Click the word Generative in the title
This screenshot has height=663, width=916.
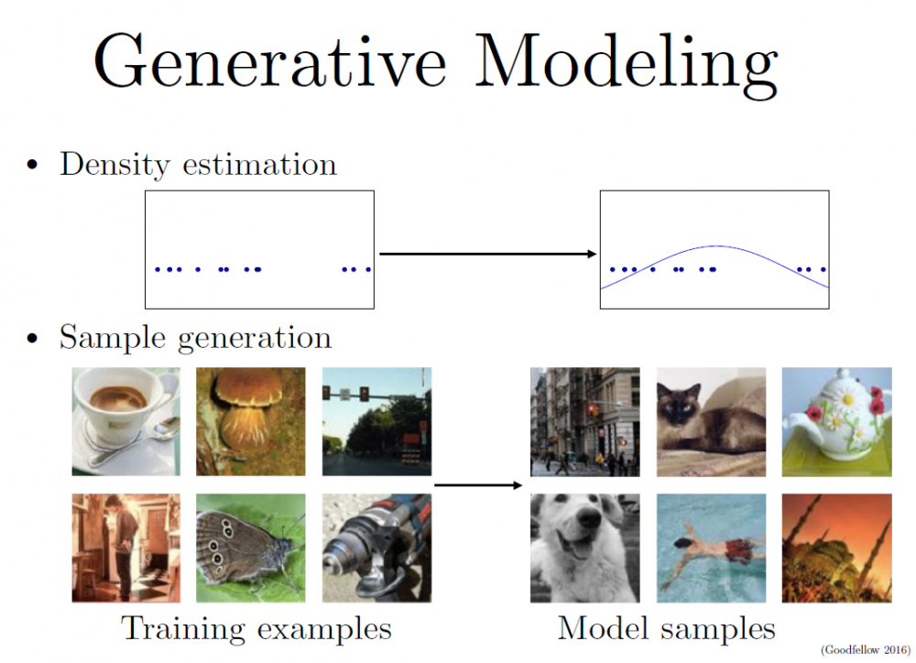click(x=270, y=61)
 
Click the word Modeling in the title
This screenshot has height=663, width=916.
click(x=627, y=65)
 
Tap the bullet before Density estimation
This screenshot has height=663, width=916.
click(x=32, y=165)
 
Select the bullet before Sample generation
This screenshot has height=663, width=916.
click(x=32, y=338)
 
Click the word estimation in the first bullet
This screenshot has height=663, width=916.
click(x=260, y=165)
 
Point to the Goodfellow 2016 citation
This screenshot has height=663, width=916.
click(x=866, y=649)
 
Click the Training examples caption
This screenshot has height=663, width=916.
click(x=256, y=630)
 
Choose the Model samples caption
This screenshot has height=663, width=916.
click(x=667, y=630)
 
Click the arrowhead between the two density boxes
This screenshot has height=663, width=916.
click(x=592, y=254)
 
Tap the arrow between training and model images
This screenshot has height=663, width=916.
click(x=478, y=484)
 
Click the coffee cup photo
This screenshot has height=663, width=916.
click(x=126, y=421)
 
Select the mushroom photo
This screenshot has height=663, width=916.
click(x=251, y=421)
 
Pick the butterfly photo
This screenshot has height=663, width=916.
click(x=251, y=548)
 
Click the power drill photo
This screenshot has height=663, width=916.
click(x=376, y=548)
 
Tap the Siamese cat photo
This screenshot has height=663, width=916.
click(x=711, y=421)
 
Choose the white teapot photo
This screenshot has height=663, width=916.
click(x=837, y=421)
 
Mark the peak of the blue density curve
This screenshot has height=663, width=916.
click(x=716, y=246)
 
